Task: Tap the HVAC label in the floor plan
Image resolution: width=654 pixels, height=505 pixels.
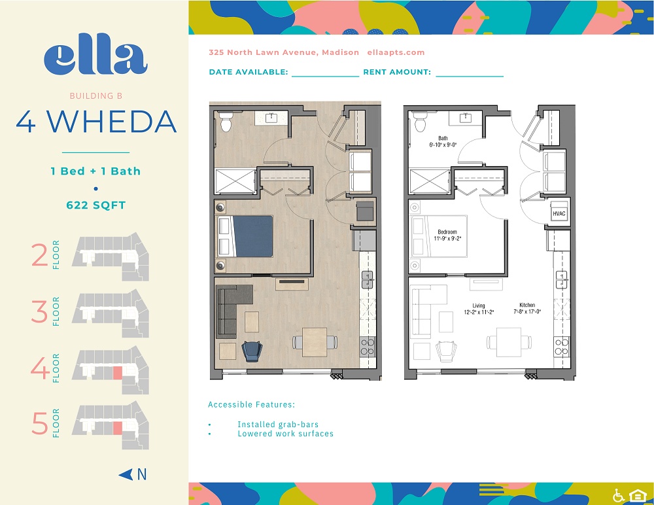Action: click(x=559, y=213)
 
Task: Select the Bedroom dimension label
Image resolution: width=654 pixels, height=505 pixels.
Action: click(x=448, y=235)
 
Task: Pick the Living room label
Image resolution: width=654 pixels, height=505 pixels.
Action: click(x=480, y=309)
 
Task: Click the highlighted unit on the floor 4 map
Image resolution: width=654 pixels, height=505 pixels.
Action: click(x=118, y=373)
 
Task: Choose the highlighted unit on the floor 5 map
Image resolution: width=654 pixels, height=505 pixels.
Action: click(x=118, y=428)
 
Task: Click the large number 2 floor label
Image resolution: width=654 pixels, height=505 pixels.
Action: click(x=40, y=256)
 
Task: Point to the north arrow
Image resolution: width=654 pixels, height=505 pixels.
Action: click(x=133, y=474)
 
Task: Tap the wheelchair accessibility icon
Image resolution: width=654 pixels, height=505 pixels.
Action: click(x=618, y=495)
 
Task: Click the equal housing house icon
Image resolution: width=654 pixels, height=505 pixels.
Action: click(x=637, y=495)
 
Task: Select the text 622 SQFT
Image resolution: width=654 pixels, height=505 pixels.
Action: click(x=95, y=205)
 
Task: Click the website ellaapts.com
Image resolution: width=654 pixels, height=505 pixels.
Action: click(x=396, y=52)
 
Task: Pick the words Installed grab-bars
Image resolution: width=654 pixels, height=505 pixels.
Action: click(x=278, y=425)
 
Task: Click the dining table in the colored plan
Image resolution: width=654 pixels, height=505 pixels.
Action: click(x=315, y=341)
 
